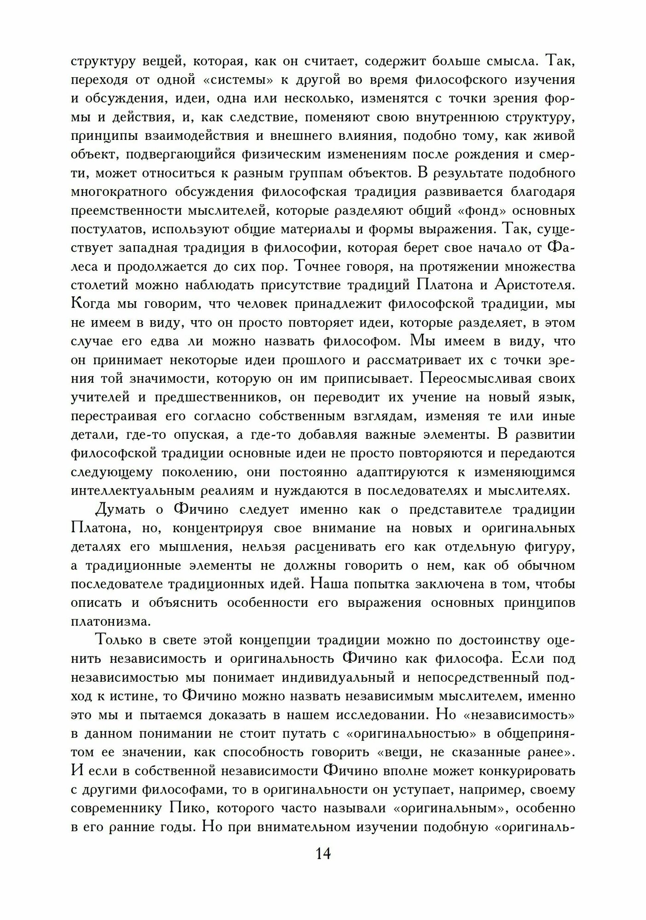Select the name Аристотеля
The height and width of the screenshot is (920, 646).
tap(534, 285)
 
